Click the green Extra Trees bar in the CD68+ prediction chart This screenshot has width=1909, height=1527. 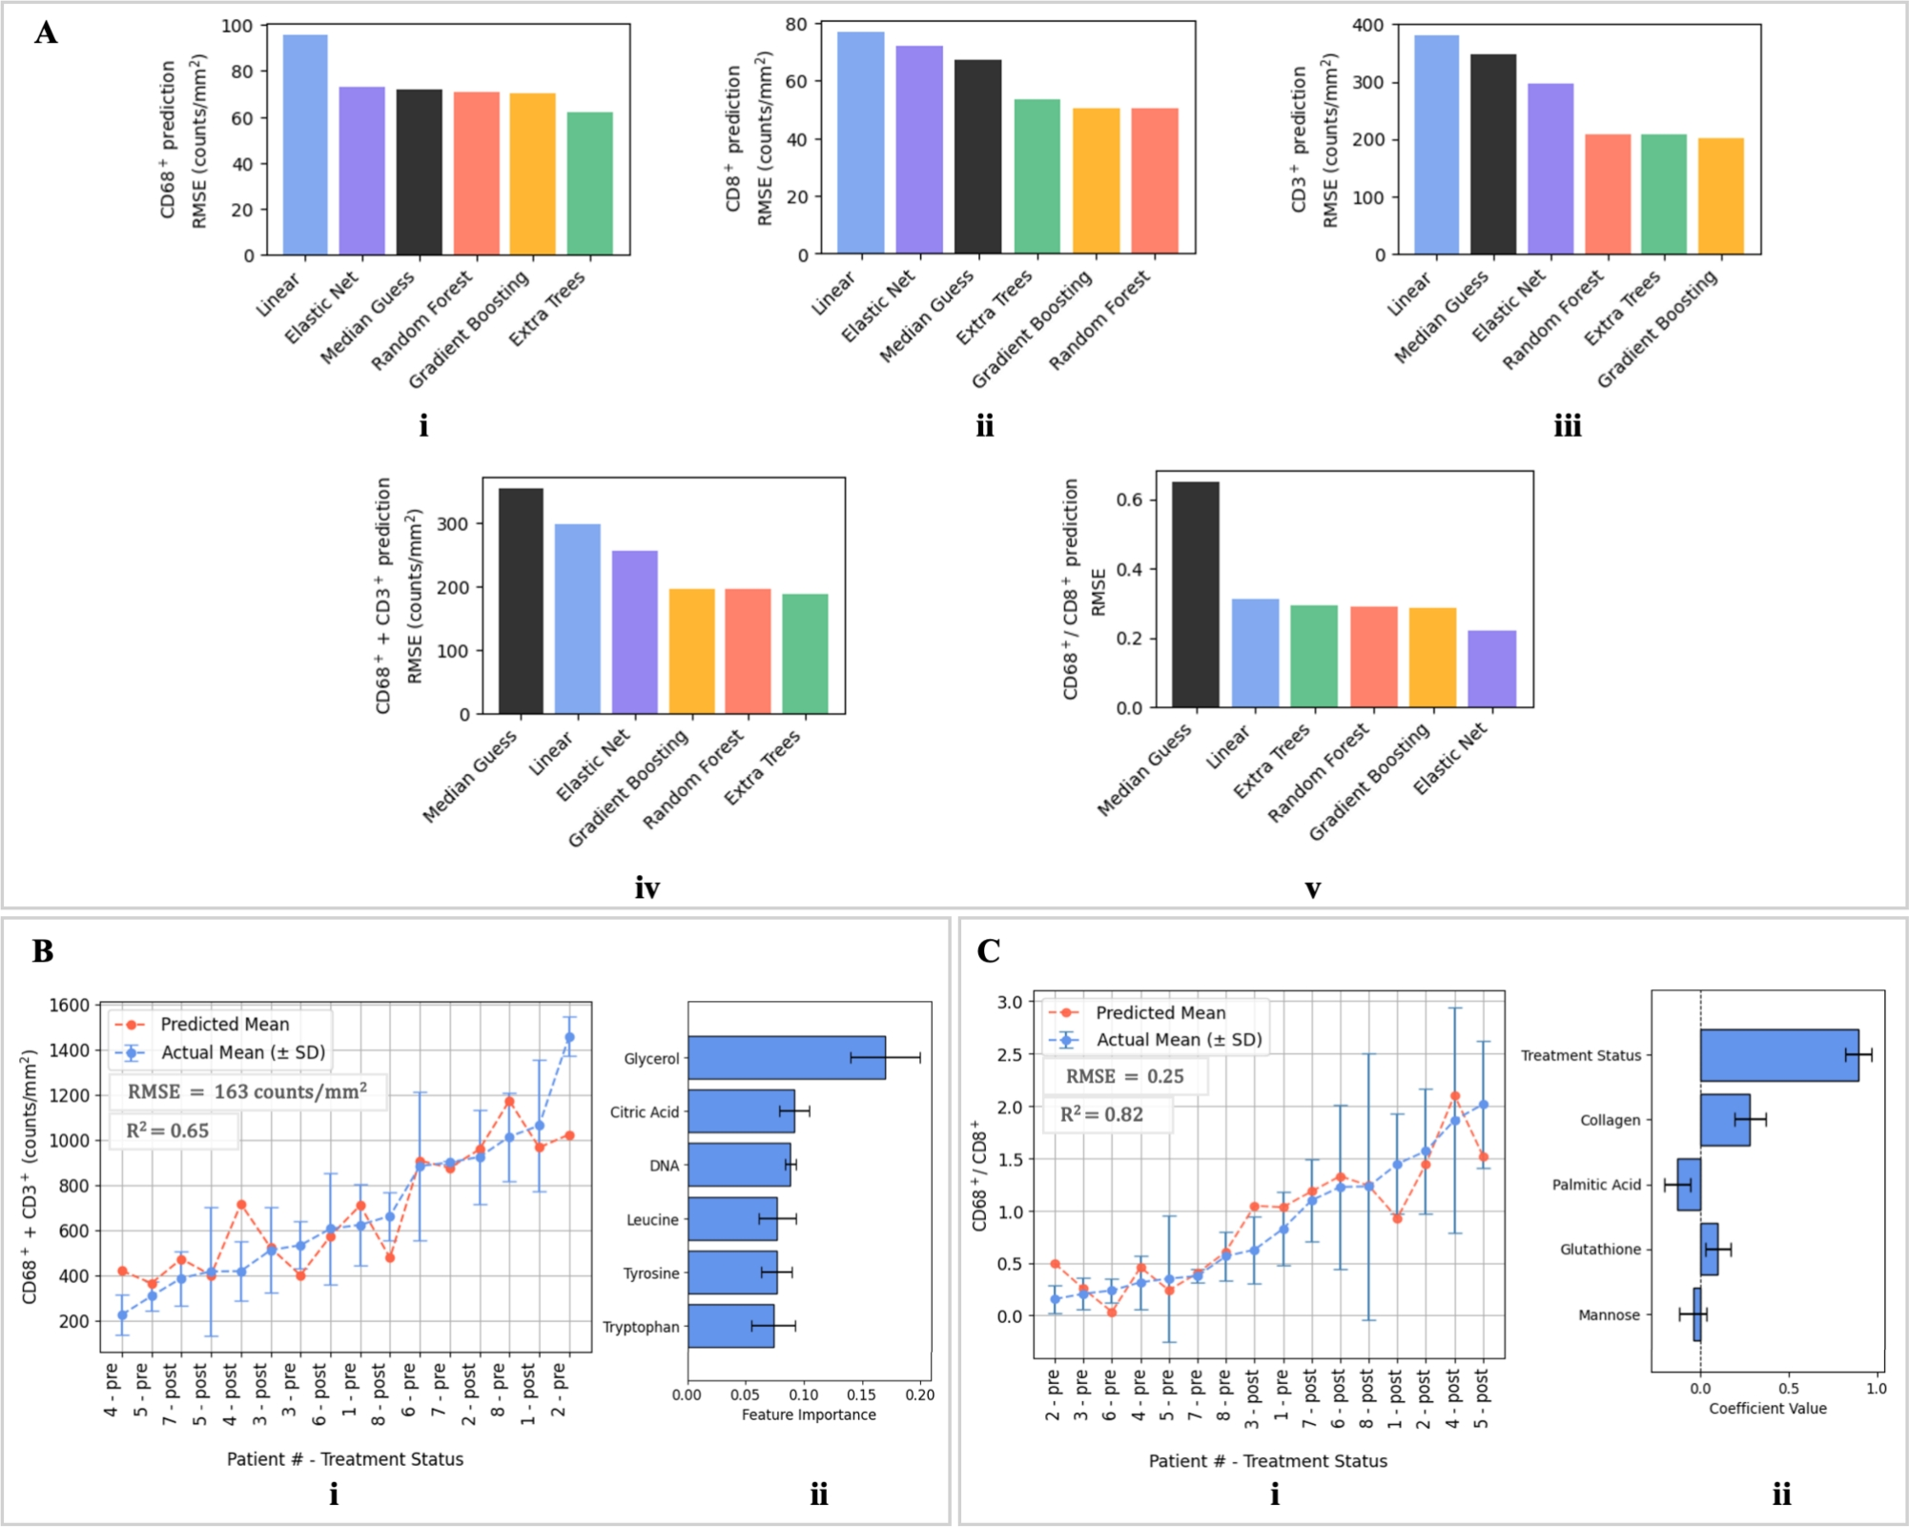click(589, 183)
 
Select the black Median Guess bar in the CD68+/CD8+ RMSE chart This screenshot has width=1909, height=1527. click(1195, 595)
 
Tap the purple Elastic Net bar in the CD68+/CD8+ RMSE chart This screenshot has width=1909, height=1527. click(1491, 668)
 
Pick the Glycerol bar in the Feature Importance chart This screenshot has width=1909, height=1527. click(786, 1057)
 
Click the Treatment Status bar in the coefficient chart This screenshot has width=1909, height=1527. click(1778, 1054)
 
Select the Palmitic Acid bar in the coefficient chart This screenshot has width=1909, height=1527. click(1689, 1184)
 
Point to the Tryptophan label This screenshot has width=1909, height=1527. click(641, 1327)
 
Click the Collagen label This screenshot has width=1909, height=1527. click(1610, 1120)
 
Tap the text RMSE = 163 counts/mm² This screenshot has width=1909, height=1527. click(247, 1091)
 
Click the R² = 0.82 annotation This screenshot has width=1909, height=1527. click(1101, 1114)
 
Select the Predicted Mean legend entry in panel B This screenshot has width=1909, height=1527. click(224, 1024)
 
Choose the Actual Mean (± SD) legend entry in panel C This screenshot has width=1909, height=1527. click(1178, 1039)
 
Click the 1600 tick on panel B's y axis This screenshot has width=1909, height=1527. click(69, 1005)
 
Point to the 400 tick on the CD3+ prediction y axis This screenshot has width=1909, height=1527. click(1367, 25)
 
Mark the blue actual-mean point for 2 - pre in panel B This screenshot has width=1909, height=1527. click(569, 1037)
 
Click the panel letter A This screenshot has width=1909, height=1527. click(46, 32)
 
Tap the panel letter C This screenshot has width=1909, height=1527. click(988, 951)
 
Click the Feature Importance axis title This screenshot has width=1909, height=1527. click(809, 1415)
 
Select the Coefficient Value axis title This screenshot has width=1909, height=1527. click(1767, 1408)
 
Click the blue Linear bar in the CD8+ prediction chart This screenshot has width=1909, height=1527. click(860, 143)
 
